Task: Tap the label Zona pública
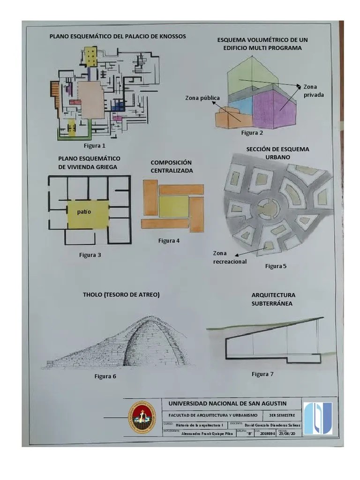point(202,98)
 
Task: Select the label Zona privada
point(313,90)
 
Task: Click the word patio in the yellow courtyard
point(84,211)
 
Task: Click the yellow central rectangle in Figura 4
point(173,206)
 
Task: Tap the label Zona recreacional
point(229,257)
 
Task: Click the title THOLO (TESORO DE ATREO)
point(121,295)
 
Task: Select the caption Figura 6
point(105,376)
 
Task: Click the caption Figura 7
point(262,374)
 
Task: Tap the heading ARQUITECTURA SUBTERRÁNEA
point(273,299)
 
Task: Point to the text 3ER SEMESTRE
point(279,415)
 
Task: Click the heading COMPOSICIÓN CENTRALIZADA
point(172,166)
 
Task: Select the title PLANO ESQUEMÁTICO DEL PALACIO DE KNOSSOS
point(118,36)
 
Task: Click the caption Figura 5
point(276,266)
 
